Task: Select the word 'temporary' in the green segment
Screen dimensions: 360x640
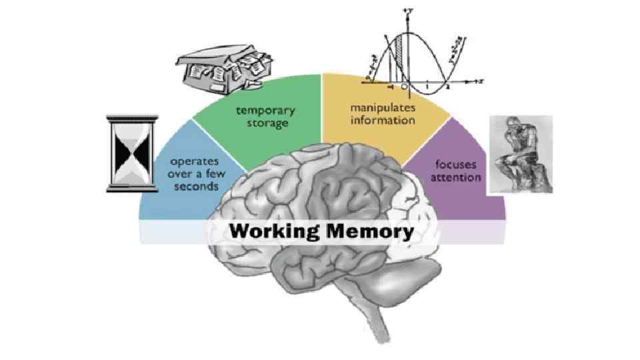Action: point(265,111)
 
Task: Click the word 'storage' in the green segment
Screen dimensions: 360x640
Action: point(265,124)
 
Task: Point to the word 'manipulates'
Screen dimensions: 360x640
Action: point(383,107)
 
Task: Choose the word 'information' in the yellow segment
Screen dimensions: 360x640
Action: point(383,121)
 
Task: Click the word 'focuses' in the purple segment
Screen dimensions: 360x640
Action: point(456,164)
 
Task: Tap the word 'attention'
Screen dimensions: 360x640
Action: point(456,178)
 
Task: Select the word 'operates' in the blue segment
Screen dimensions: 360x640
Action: point(195,161)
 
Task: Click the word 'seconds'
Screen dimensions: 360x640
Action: point(196,187)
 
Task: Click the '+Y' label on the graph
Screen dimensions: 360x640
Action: point(407,11)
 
